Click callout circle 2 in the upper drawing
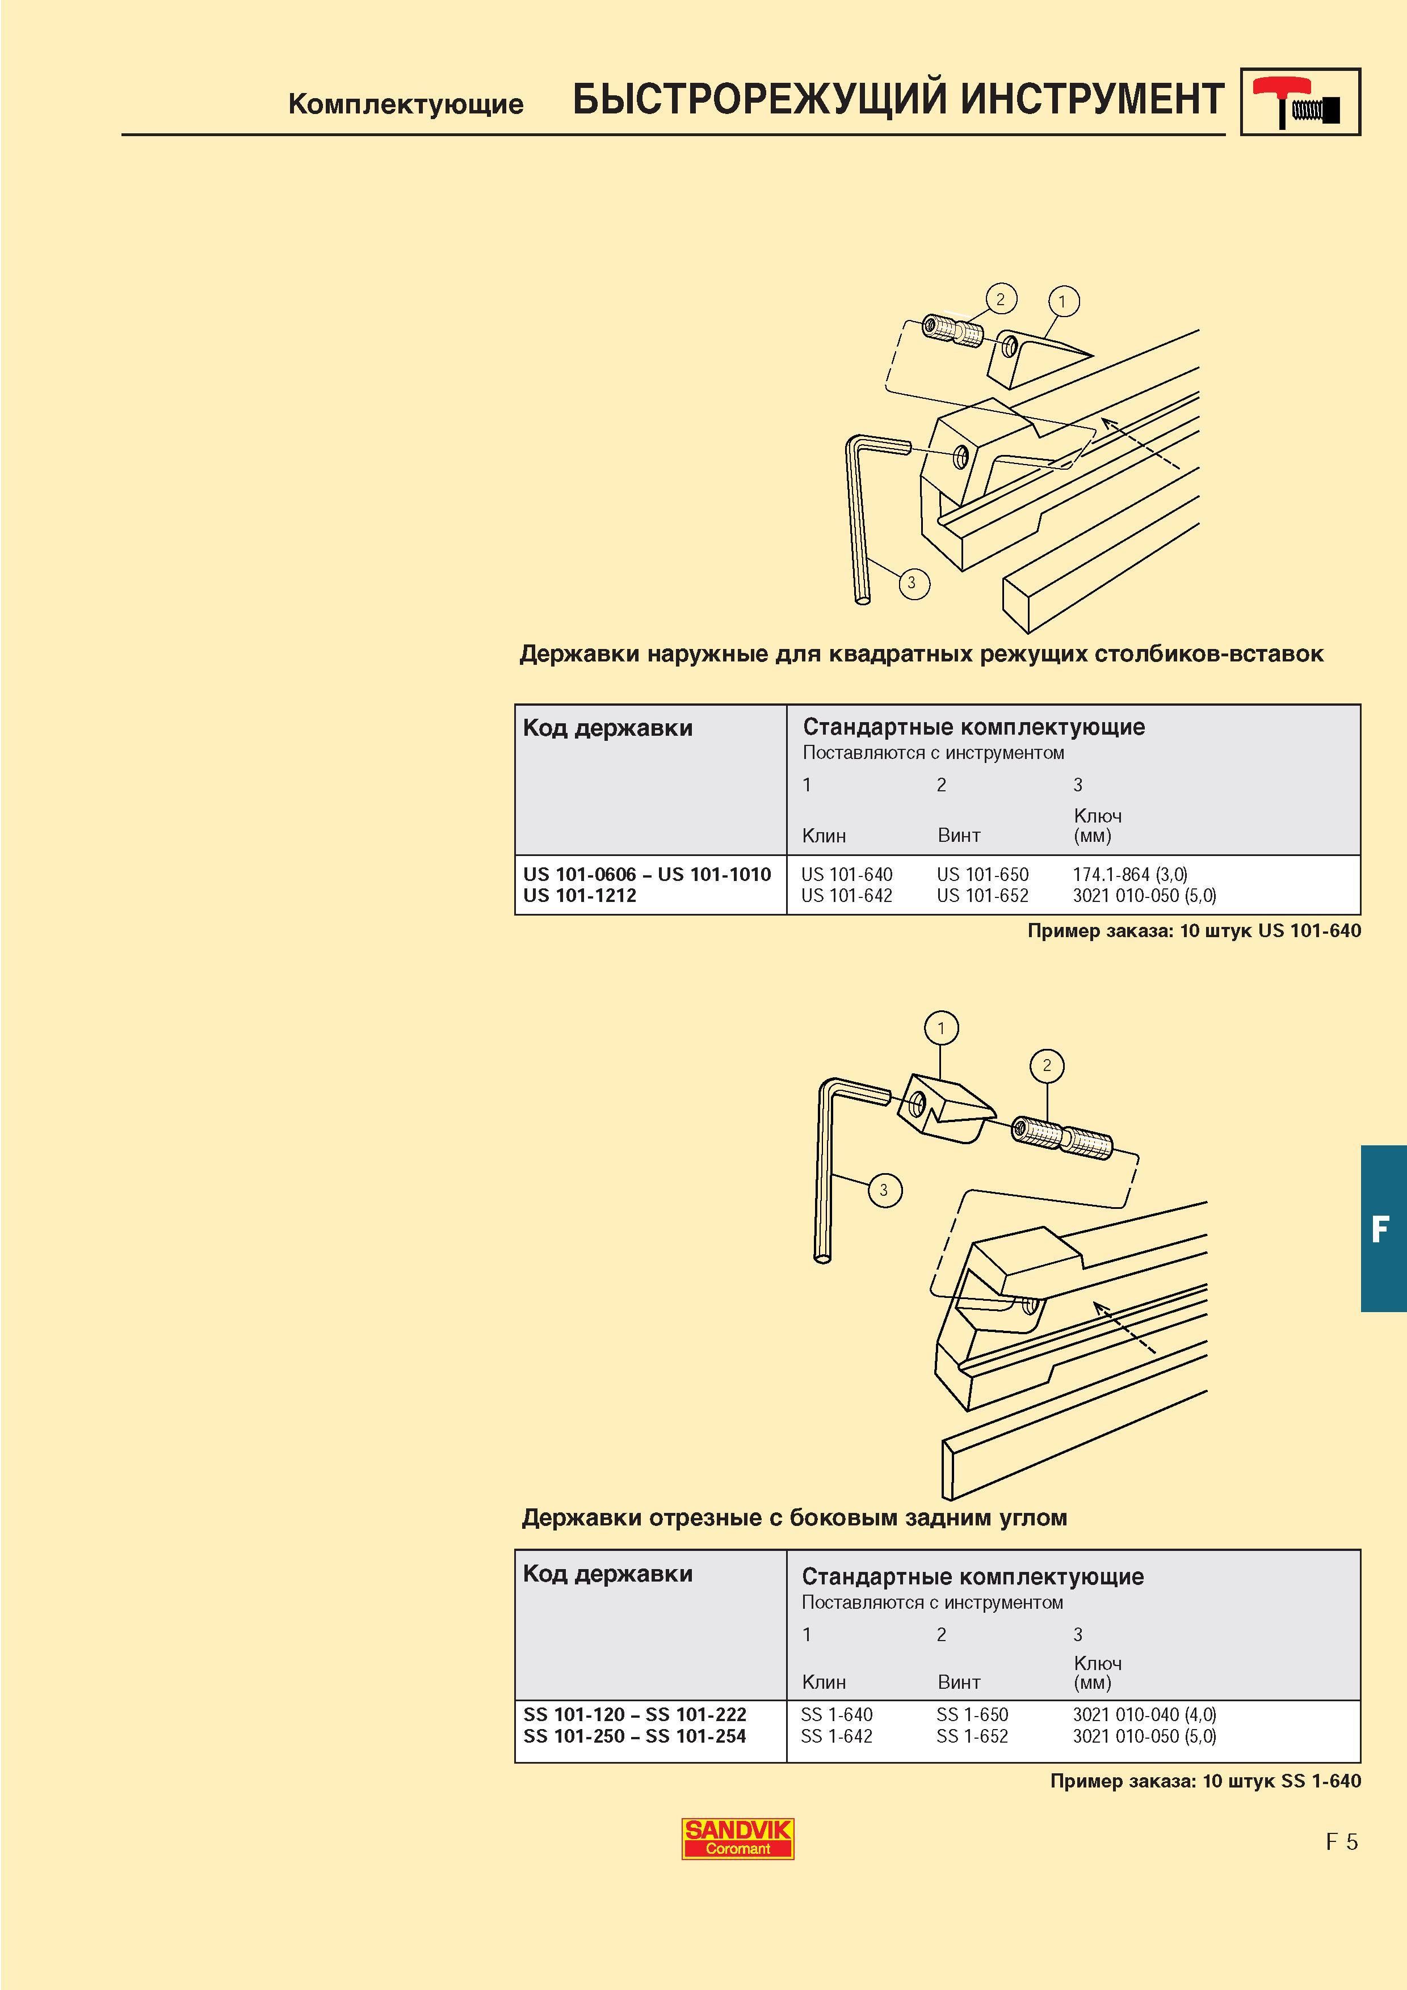point(1001,299)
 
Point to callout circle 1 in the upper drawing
point(1063,302)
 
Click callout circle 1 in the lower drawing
point(942,1029)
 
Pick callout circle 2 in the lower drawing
point(1047,1065)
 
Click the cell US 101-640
point(846,875)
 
